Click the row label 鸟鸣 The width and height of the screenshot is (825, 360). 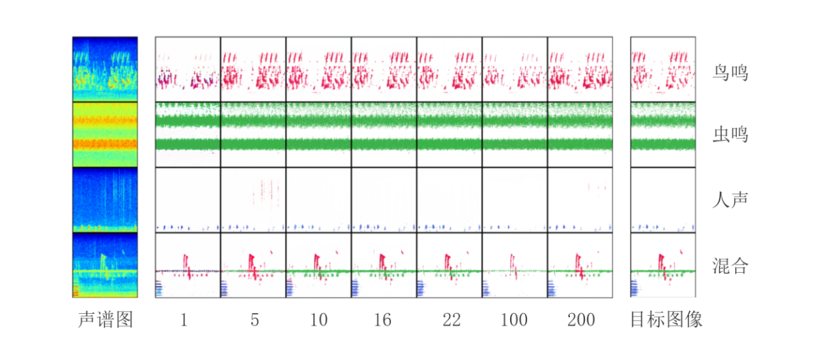731,71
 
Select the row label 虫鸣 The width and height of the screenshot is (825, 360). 731,135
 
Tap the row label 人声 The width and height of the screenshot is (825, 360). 731,200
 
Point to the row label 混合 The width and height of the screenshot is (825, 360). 731,265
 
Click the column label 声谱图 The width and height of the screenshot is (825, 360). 105,320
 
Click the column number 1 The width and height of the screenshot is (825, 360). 184,320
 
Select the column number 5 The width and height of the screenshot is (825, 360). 254,320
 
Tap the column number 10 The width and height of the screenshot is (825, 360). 318,320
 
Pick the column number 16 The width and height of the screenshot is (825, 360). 383,320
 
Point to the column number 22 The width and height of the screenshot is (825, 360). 449,320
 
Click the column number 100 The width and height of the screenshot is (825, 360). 514,320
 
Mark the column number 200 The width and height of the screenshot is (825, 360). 579,320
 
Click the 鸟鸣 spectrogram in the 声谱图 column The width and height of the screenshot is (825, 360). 105,69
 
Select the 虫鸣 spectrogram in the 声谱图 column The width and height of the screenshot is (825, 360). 105,135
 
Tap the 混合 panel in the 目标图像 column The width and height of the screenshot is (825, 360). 663,265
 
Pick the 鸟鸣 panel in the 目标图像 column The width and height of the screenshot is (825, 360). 663,69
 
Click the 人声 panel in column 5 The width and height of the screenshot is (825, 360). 253,200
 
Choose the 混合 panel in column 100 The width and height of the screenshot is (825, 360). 514,265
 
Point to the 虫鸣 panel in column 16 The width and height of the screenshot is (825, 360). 384,135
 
